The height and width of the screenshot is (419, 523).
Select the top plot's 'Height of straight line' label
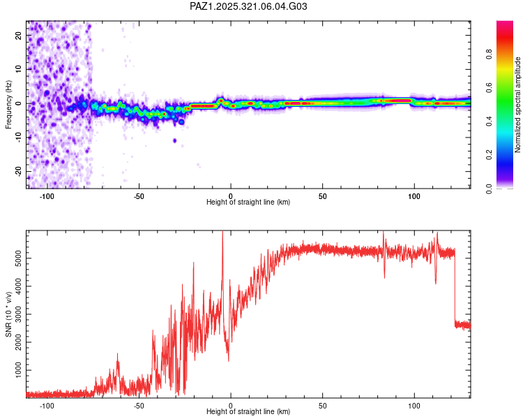tap(248, 202)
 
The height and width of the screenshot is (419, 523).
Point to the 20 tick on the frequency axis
tap(19, 36)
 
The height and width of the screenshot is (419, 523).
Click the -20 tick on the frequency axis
tap(17, 171)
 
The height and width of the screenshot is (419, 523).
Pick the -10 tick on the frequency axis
tap(17, 138)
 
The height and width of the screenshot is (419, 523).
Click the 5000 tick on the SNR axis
tap(15, 258)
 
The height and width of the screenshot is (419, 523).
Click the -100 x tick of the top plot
tap(47, 196)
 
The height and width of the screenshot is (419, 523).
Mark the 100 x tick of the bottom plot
tap(415, 406)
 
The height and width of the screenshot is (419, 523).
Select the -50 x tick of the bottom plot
tap(139, 406)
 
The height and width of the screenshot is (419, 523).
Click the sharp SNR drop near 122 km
tap(455, 286)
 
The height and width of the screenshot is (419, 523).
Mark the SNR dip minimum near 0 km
tap(229, 360)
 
